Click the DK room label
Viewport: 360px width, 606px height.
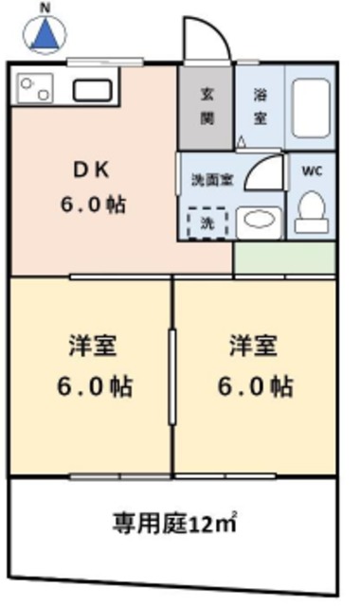92,171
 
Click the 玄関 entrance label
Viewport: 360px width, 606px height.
206,105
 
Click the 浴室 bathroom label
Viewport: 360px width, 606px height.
259,105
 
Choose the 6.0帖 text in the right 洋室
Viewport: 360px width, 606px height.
254,385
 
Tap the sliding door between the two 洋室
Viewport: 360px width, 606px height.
171,377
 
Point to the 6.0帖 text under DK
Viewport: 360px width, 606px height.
92,204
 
